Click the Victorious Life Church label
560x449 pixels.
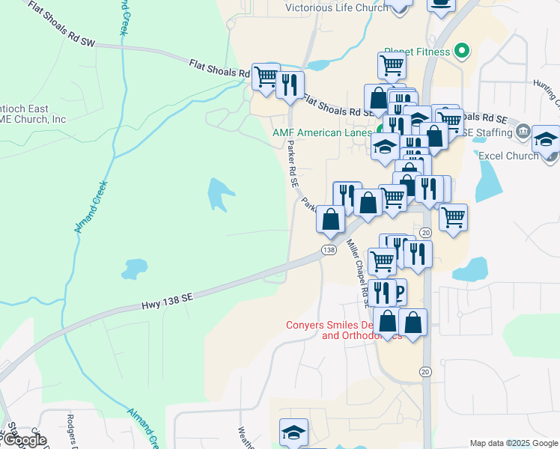tap(336, 8)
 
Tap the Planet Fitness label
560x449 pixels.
tap(416, 52)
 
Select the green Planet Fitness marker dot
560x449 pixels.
tap(463, 52)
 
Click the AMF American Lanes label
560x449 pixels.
tap(322, 132)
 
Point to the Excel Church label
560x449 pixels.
tap(508, 156)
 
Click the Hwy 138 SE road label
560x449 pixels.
tap(168, 297)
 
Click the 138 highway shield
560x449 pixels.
tap(328, 249)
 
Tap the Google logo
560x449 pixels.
tap(24, 440)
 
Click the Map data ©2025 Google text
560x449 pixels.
tap(514, 443)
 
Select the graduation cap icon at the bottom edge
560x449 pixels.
tap(293, 432)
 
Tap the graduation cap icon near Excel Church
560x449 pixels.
tap(546, 138)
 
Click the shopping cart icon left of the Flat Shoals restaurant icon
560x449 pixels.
tap(265, 76)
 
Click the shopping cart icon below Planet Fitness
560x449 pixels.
tap(392, 66)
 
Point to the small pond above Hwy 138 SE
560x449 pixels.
tap(135, 267)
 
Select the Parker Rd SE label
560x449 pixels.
tap(293, 166)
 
